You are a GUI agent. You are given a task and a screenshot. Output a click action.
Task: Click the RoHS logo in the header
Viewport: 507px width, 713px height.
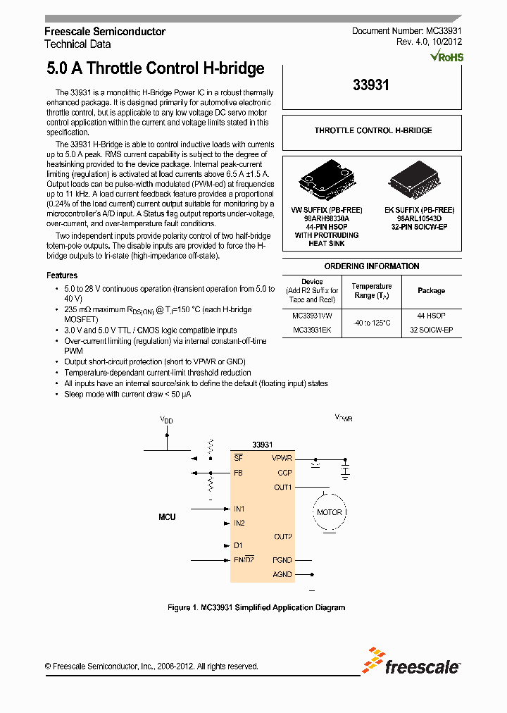coord(446,56)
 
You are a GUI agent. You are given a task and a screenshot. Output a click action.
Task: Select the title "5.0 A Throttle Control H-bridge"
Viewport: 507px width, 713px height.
coord(155,68)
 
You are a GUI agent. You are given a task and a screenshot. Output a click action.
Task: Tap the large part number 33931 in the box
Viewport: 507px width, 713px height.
coord(371,85)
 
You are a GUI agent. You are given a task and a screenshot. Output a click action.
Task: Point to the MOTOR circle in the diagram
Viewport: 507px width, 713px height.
coord(329,512)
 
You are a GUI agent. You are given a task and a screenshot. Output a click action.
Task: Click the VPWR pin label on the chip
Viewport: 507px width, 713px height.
coord(282,458)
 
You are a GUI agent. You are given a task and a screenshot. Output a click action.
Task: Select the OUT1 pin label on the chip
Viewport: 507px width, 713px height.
coord(282,487)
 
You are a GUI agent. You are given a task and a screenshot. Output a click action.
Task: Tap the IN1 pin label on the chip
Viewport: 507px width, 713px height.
coord(239,509)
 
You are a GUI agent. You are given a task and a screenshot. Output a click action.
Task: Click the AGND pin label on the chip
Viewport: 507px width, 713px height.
coord(282,574)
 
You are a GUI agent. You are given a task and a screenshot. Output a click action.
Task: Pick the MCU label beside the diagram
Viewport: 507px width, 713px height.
coord(167,517)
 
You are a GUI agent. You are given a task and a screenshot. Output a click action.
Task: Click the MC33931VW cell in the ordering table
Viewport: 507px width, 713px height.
coord(312,316)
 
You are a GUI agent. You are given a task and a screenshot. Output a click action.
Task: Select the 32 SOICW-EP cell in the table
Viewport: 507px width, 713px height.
coord(431,330)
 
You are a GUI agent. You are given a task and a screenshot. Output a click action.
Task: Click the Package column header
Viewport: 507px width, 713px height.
coord(431,290)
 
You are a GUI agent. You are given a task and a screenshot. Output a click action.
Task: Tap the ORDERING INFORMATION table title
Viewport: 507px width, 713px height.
coord(371,266)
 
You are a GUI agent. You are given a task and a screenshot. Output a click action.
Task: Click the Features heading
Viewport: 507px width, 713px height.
coord(62,275)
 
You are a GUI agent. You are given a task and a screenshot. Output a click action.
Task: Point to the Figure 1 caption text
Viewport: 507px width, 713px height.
coord(256,607)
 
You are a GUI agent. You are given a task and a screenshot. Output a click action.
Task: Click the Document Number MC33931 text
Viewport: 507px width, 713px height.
coord(406,32)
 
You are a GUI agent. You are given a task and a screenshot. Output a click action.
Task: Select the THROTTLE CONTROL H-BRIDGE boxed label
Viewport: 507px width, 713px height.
coord(373,130)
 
